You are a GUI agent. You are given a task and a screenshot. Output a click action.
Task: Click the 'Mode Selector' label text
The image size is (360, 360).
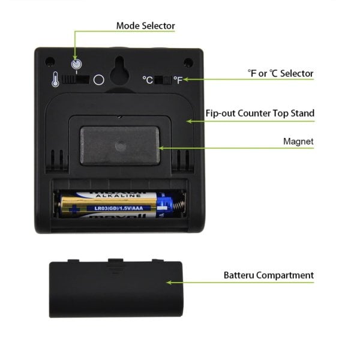coord(145,25)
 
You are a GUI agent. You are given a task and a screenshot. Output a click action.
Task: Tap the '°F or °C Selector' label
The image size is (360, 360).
coord(280,73)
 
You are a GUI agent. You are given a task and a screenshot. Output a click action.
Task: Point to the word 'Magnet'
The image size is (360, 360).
coord(299,142)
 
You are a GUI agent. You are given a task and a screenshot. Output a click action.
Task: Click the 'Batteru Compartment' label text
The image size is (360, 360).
coord(268,275)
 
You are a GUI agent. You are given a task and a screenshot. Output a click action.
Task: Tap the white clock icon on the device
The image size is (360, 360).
coord(76,65)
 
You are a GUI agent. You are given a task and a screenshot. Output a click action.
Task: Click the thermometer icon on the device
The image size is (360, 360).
coord(55,80)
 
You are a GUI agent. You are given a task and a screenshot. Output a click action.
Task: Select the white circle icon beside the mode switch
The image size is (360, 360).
coord(99,80)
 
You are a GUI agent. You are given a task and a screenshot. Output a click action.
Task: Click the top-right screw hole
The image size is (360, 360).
coord(188,61)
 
